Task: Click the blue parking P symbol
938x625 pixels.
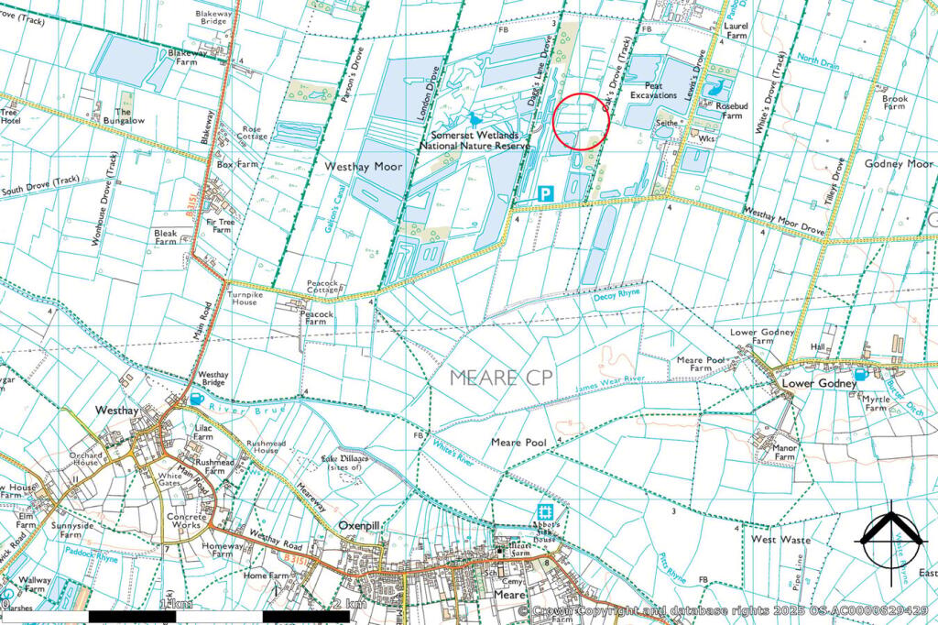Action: pos(546,193)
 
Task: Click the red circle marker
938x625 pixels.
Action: pos(582,122)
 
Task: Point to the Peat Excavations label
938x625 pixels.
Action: pos(653,90)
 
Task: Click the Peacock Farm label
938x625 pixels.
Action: pos(315,316)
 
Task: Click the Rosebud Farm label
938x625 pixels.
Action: pos(730,111)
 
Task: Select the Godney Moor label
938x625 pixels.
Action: pos(898,163)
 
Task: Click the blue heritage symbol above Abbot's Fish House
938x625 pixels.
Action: pos(545,512)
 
